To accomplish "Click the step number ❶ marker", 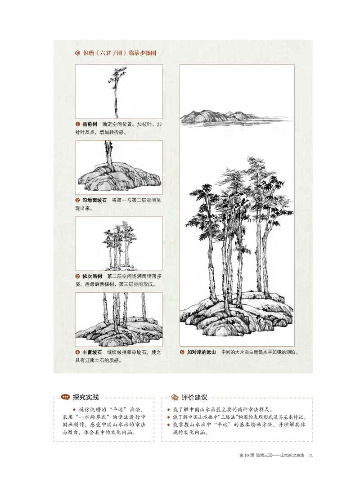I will coord(78,124).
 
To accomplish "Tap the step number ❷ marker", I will coord(78,200).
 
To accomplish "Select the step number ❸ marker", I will coord(78,276).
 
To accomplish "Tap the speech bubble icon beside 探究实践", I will coord(64,397).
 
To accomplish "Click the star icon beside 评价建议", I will coord(174,397).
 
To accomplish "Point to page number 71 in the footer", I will coord(310,456).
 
